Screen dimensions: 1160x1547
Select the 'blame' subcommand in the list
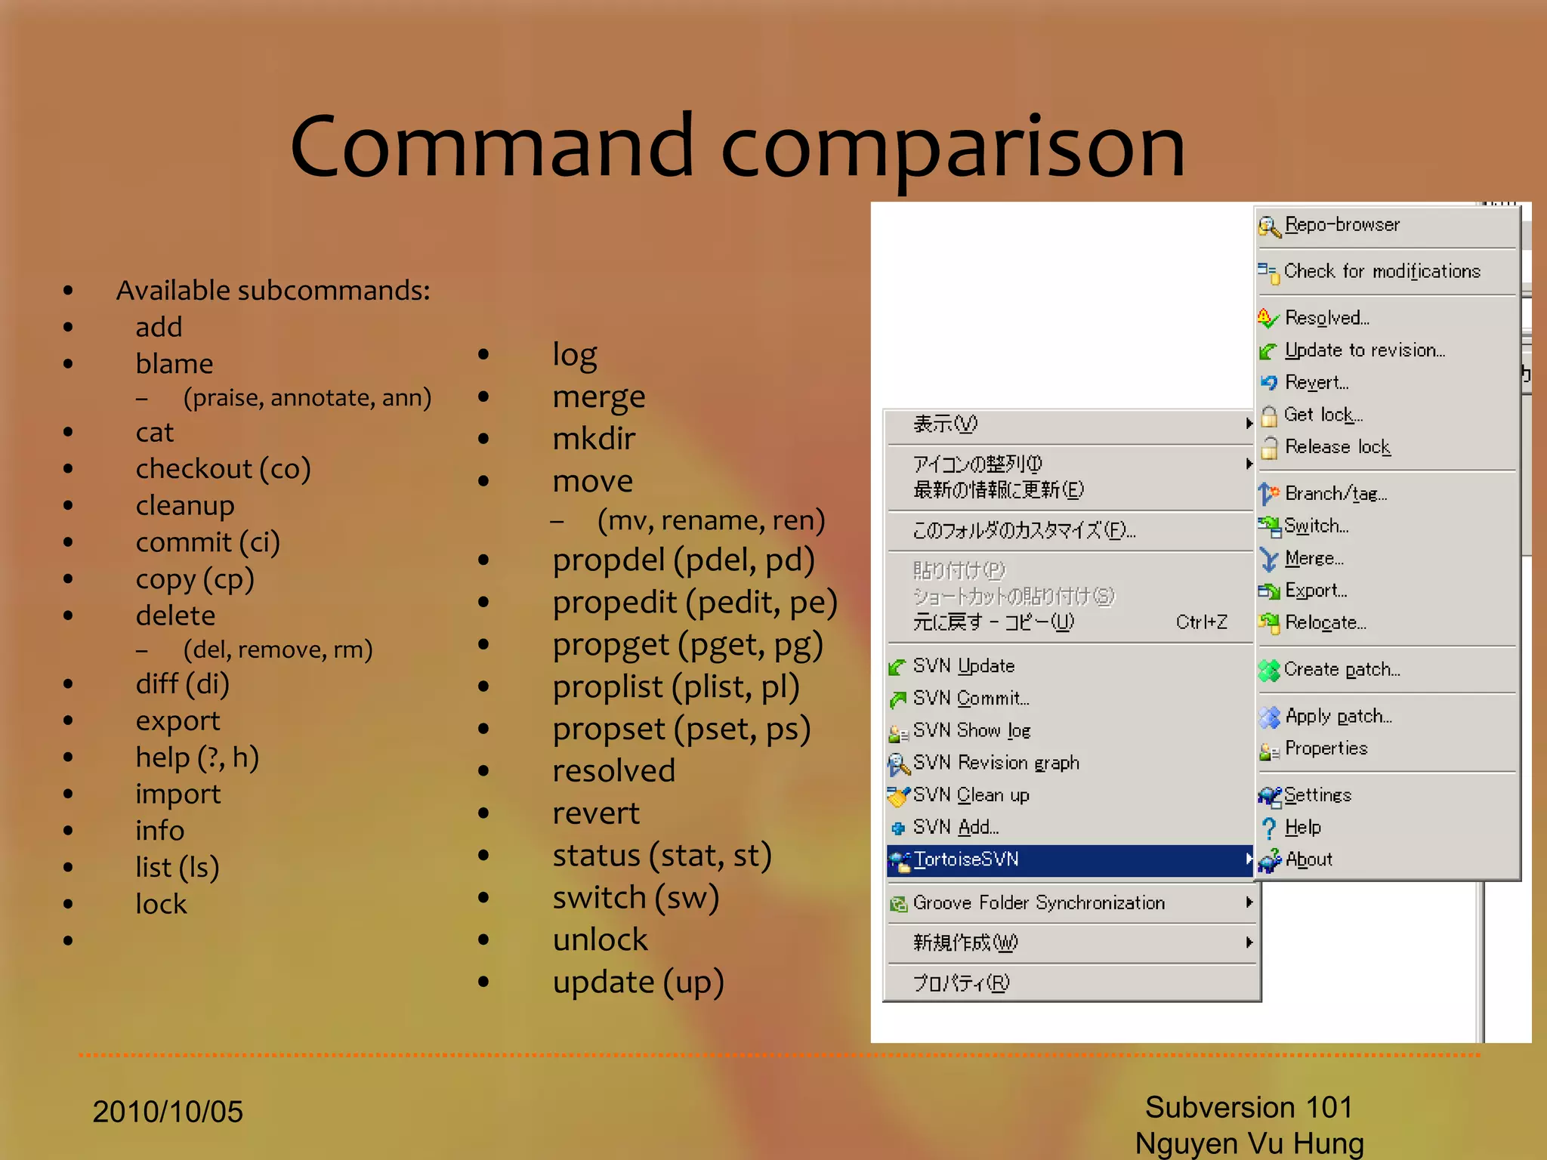174,364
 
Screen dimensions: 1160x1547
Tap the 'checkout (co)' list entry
223,469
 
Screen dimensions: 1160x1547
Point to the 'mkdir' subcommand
594,439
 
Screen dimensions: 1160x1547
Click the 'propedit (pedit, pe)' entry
694,602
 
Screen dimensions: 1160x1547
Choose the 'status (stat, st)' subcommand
662,856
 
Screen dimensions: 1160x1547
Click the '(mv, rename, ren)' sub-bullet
710,520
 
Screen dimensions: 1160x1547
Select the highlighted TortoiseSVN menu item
966,859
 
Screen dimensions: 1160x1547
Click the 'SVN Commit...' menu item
971,699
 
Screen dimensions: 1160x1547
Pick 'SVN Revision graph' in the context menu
996,763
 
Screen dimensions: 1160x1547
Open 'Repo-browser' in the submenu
1342,225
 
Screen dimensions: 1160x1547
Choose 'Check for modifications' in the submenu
1382,271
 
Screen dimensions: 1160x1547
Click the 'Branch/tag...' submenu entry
1335,494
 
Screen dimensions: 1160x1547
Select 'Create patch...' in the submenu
1342,670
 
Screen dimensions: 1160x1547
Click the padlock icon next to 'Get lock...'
1269,415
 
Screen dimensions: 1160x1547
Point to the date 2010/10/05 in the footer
168,1112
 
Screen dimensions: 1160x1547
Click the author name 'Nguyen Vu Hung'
1249,1143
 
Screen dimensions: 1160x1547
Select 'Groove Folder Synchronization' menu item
1039,903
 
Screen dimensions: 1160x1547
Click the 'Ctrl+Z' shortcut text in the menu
1201,622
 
